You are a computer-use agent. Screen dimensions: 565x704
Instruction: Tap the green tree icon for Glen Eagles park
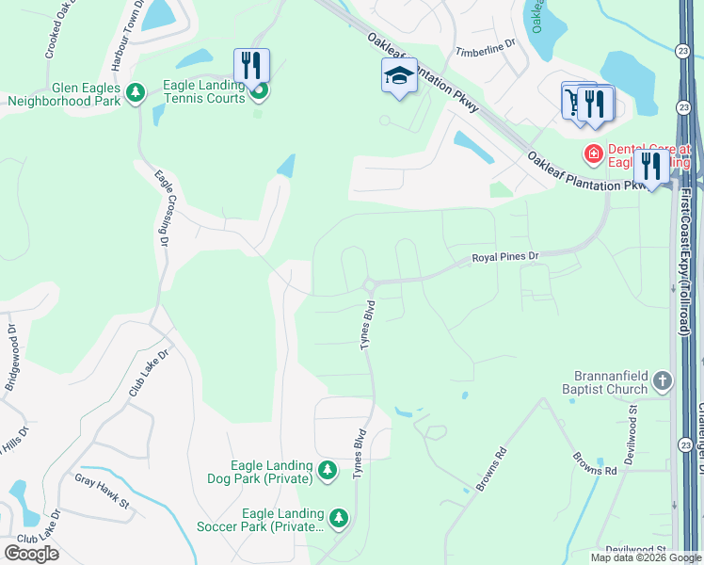pyautogui.click(x=136, y=91)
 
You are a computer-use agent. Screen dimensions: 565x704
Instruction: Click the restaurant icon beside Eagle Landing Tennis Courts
pyautogui.click(x=251, y=65)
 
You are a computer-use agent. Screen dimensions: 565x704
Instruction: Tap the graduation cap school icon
pyautogui.click(x=399, y=75)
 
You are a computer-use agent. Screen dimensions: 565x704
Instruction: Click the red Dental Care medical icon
pyautogui.click(x=593, y=153)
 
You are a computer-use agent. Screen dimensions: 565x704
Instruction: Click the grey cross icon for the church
pyautogui.click(x=663, y=381)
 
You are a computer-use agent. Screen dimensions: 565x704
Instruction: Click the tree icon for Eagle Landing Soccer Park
pyautogui.click(x=338, y=518)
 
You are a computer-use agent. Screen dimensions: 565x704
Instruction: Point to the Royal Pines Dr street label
pyautogui.click(x=504, y=256)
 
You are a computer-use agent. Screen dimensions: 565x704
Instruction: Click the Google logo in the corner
pyautogui.click(x=31, y=553)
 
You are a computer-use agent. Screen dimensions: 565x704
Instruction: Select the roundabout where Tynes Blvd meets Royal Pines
pyautogui.click(x=369, y=284)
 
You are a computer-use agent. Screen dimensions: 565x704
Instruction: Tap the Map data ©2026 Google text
pyautogui.click(x=645, y=557)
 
